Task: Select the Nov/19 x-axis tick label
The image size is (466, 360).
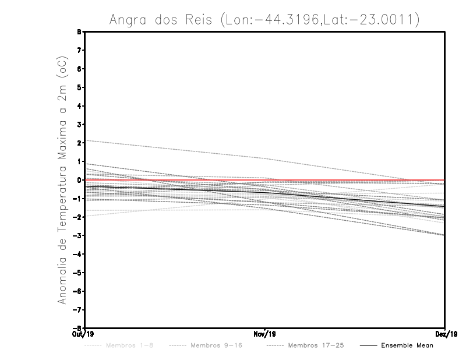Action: pos(265,334)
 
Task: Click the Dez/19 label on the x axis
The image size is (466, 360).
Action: pos(445,334)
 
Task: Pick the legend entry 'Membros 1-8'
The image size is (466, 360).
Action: pos(122,345)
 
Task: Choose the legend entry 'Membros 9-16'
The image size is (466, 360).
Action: pos(216,345)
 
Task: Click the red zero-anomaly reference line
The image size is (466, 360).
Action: pos(349,180)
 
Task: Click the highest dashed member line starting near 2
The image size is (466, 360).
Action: pos(175,149)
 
